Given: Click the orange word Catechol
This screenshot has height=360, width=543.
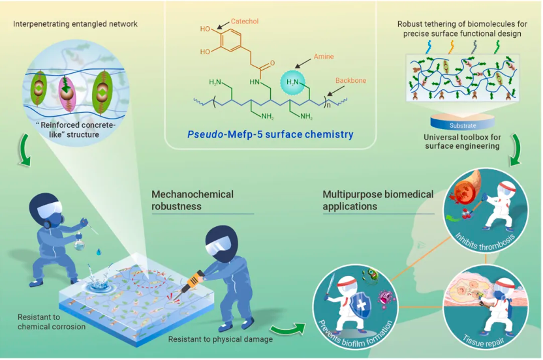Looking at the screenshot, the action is point(245,21).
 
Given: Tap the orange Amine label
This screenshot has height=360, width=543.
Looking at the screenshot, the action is point(324,56).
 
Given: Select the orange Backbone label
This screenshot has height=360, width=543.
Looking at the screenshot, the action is point(350,80).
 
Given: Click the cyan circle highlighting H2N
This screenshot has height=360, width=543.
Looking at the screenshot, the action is point(292,82).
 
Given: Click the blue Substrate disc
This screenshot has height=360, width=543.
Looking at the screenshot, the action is point(462,122).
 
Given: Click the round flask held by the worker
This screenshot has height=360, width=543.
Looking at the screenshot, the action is point(80,243).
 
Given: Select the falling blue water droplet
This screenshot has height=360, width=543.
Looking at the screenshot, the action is point(99,252).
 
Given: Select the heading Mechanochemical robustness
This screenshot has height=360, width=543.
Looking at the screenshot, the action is point(193,200).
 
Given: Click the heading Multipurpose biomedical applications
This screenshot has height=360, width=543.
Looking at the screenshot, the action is point(378,200).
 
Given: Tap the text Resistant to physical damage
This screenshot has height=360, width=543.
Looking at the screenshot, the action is point(220,339).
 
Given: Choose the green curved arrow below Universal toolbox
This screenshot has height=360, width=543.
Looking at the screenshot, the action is point(515,149).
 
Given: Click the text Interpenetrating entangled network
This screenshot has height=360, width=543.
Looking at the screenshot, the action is point(75,24).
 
